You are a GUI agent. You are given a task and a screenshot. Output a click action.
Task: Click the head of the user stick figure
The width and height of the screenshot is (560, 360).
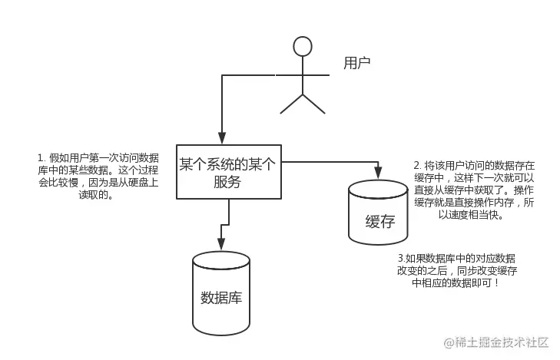click(303, 45)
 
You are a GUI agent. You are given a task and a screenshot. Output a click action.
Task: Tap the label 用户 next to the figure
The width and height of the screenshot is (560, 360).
click(357, 61)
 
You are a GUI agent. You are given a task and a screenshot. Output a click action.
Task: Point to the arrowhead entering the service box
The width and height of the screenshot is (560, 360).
click(221, 137)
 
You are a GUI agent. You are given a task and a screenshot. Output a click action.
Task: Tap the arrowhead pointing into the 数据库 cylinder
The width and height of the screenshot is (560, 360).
click(221, 245)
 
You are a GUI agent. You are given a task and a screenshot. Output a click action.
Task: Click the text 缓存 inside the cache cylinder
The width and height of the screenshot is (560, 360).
click(379, 223)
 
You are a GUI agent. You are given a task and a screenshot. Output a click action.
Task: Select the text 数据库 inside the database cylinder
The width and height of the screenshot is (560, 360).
click(221, 297)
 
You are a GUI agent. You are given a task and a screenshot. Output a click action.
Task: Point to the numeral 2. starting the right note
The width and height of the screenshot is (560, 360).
click(417, 165)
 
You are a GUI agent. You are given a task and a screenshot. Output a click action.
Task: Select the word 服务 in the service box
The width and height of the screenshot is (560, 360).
click(227, 183)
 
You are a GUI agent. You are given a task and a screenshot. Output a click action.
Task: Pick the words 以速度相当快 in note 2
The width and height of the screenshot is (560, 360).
click(470, 215)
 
